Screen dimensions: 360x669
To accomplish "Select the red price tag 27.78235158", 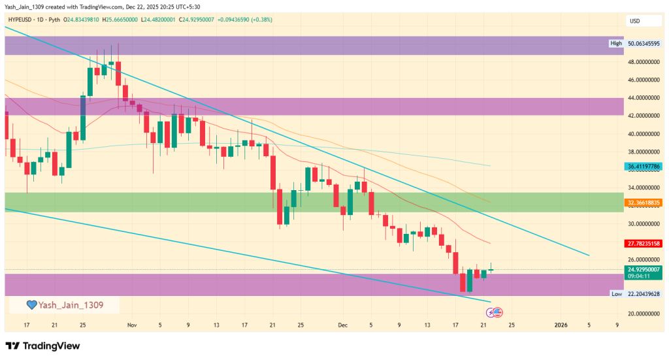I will point(644,244).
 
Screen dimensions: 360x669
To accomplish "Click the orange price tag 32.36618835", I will point(644,203).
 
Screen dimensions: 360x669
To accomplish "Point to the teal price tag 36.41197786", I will point(644,167).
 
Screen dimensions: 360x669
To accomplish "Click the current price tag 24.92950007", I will point(644,269).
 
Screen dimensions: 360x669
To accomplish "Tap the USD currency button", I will point(634,21).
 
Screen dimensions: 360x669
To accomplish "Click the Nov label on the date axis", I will point(133,325).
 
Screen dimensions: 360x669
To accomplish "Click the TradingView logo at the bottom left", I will point(42,346).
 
